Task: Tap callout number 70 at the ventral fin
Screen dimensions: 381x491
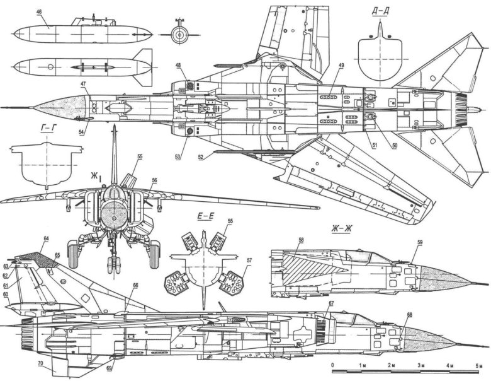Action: click(40, 363)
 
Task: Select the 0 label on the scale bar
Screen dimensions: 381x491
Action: click(333, 366)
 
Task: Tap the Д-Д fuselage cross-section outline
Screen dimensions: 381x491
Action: click(379, 57)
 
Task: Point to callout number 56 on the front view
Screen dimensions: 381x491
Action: click(154, 180)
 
